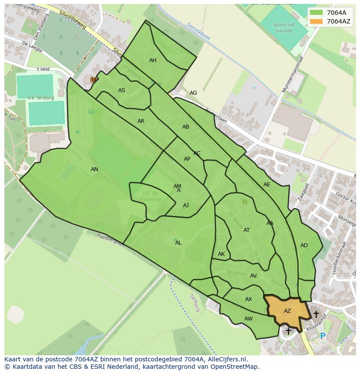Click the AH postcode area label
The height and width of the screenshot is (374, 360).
153,60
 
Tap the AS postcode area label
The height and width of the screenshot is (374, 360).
122,90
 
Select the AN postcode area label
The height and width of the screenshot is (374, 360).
94,169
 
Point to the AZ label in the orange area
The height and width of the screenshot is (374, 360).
287,311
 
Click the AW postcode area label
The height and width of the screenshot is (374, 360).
248,319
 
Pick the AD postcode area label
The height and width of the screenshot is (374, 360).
304,245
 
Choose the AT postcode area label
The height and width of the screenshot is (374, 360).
247,230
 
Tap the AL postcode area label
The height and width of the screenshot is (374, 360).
178,243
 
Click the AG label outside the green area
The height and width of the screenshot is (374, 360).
193,93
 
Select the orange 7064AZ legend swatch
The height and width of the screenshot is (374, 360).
317,21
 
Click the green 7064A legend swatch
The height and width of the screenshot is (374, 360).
317,13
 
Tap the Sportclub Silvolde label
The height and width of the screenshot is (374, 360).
284,27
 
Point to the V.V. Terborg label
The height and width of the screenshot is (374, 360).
41,98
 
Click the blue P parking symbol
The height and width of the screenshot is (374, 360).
323,336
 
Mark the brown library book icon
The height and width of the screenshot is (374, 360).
93,79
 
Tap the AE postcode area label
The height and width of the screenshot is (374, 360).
267,185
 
